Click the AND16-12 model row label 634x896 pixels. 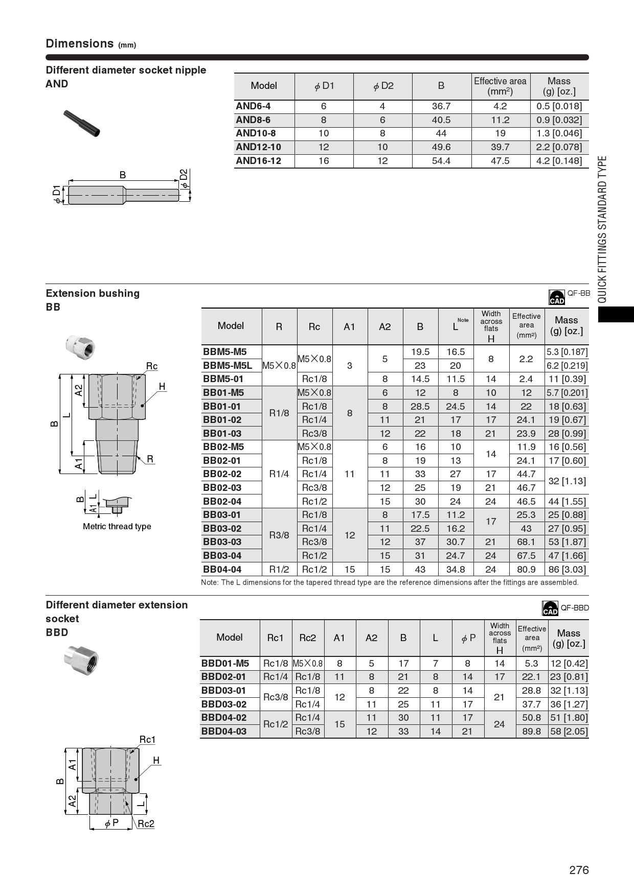click(258, 161)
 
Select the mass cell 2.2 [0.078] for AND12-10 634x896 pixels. click(559, 147)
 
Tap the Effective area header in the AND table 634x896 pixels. click(500, 86)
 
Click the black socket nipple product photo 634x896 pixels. click(82, 123)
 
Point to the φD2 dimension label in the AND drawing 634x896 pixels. click(184, 178)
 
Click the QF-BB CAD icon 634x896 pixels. click(556, 297)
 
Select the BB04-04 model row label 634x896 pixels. click(222, 569)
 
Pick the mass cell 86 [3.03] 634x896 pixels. click(567, 569)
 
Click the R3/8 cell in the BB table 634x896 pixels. click(279, 535)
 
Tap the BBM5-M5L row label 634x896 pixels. click(228, 366)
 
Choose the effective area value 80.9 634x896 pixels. click(526, 569)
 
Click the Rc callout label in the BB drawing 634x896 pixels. click(152, 366)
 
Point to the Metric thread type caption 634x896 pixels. click(117, 527)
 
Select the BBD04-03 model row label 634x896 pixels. click(224, 731)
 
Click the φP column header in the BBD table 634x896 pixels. click(468, 638)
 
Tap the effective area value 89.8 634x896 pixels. click(532, 731)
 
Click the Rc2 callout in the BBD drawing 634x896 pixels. click(146, 823)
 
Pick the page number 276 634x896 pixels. click(579, 870)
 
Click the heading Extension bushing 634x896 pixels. click(93, 293)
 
